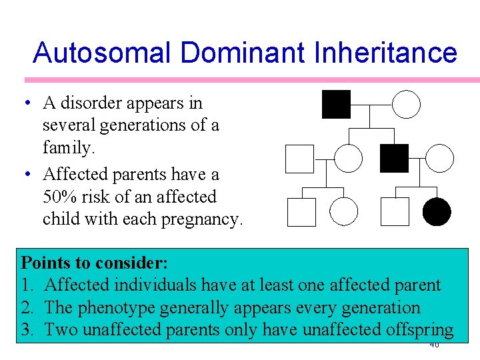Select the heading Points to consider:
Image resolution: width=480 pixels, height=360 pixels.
[95, 261]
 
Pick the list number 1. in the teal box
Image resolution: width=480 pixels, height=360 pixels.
[28, 285]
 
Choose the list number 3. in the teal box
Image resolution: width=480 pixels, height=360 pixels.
[28, 330]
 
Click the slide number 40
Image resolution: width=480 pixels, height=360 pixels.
[433, 345]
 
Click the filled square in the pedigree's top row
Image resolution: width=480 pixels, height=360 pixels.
[336, 105]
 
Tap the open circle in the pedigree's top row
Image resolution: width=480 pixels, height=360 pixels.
[406, 105]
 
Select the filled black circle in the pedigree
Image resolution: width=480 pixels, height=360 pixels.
[437, 212]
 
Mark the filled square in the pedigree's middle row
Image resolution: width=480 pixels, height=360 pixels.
[394, 158]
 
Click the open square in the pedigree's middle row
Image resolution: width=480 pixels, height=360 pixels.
[299, 158]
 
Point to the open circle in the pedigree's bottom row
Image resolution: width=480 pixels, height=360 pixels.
[343, 212]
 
